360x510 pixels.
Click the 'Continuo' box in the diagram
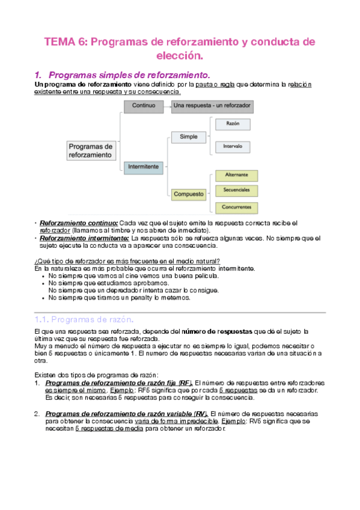[x=144, y=106]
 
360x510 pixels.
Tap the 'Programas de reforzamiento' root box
[x=90, y=150]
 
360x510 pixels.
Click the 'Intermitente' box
[x=144, y=166]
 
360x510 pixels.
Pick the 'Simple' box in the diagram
[x=188, y=137]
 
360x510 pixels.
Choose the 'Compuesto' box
[x=188, y=194]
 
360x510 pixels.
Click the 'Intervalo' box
[x=233, y=146]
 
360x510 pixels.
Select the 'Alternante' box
[x=236, y=175]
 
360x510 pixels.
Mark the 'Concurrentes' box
[x=236, y=207]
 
